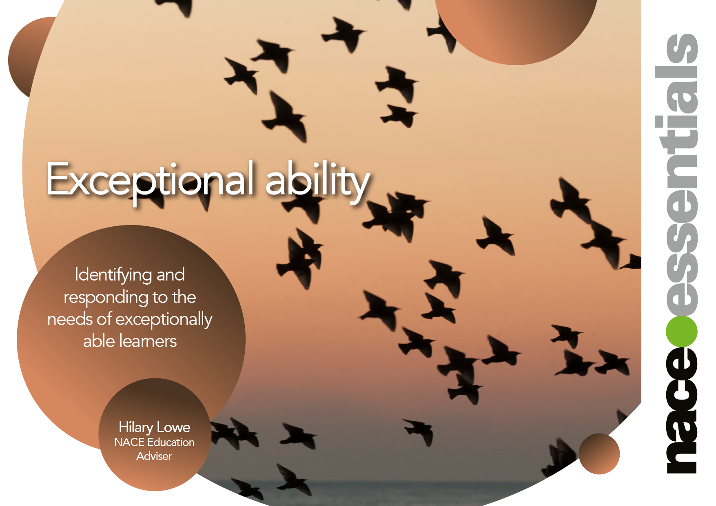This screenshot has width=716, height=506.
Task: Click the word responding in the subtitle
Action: coord(106,298)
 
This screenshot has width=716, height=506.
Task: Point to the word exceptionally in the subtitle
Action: coord(164,320)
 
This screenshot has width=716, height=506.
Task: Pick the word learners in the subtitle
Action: coord(147,341)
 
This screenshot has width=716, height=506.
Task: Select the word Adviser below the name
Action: coord(154,456)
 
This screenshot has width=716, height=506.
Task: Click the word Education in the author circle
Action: coord(171,442)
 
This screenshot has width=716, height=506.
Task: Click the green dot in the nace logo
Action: coord(681,331)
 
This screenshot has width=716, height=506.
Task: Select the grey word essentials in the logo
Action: coord(681,175)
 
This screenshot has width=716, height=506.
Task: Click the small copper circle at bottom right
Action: coord(599,454)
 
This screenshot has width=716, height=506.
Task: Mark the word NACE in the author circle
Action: coord(129,442)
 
